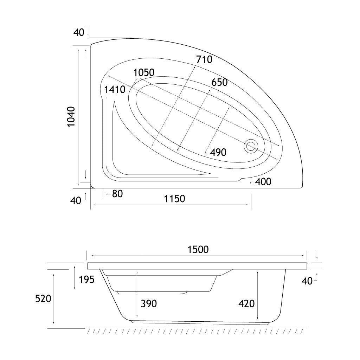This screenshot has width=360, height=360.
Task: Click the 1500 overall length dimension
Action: click(198, 250)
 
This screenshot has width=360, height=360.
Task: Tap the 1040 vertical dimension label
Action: click(71, 117)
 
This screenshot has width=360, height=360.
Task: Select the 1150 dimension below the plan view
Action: click(174, 199)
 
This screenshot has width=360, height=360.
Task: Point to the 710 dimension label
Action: click(204, 59)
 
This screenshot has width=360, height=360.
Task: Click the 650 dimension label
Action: click(219, 82)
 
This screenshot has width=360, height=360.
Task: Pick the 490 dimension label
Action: click(218, 152)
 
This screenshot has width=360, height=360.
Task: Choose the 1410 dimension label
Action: click(115, 90)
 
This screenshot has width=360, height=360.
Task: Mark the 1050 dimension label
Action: click(144, 72)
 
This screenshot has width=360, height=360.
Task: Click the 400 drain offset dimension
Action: click(263, 182)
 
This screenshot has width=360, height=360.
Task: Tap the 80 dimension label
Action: click(117, 194)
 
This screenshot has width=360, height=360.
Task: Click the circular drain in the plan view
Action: click(251, 146)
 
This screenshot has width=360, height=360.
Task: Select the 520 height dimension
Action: click(43, 299)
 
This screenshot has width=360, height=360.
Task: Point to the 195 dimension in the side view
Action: click(86, 279)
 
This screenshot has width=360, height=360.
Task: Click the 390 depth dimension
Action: click(149, 304)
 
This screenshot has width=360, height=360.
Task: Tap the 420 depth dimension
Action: click(246, 304)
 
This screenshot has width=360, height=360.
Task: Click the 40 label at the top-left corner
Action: click(79, 33)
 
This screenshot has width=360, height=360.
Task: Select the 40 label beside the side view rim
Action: click(307, 281)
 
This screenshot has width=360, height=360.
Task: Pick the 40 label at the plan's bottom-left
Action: click(76, 201)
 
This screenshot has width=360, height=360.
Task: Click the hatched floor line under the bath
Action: click(197, 331)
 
